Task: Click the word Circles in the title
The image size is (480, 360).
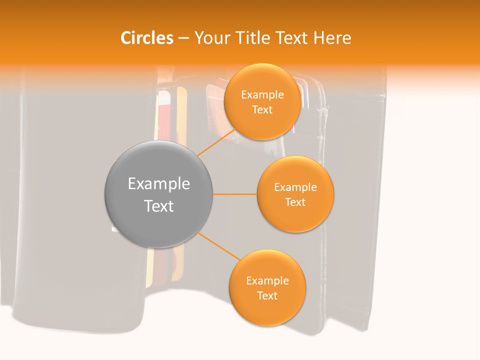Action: point(146,38)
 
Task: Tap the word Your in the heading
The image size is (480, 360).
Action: point(212,38)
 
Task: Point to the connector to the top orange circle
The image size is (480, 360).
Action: point(216,142)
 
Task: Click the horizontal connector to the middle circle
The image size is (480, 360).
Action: point(235,194)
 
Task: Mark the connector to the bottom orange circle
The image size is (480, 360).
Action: point(219,246)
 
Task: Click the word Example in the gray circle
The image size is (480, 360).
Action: point(159,184)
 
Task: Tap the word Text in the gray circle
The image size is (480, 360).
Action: point(159,206)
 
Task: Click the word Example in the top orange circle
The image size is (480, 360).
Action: point(262,95)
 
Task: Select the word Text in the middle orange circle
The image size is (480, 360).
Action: point(295,202)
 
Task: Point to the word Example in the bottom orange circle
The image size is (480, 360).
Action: point(267,281)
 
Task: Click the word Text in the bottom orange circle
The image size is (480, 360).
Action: point(267,295)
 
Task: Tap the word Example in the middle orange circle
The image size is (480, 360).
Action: point(295,187)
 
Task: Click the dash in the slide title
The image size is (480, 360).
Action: point(183,38)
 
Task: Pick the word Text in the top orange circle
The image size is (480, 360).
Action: point(262,109)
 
